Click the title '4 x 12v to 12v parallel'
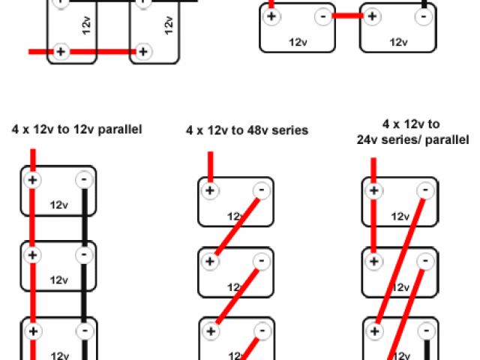point(76,129)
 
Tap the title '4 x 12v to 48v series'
point(247,130)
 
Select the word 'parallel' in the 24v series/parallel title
point(448,139)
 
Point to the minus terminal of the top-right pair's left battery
point(322,15)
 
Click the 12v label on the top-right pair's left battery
point(298,43)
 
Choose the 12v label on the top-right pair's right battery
point(398,43)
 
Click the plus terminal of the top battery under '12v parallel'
point(32,180)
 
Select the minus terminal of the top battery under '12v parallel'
point(85,180)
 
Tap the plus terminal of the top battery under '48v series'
point(210,190)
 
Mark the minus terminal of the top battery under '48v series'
point(260,190)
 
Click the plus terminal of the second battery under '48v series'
point(210,262)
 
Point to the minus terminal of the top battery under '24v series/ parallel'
point(426,190)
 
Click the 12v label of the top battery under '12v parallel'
point(59,204)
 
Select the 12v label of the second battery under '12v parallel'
point(59,280)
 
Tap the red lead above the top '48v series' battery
point(210,165)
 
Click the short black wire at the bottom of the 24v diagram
point(426,349)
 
